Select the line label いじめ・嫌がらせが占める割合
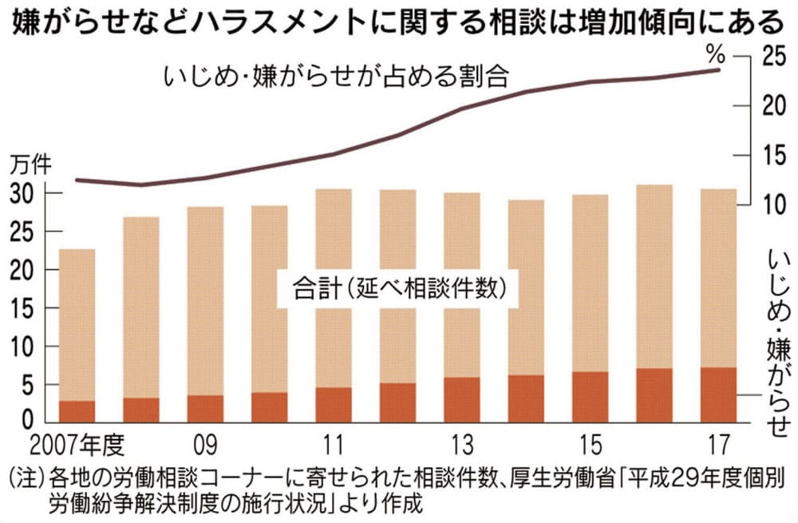pos(334,77)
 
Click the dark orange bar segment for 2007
pos(77,410)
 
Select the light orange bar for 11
pos(334,287)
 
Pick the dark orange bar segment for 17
pos(718,394)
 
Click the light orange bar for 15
pos(590,283)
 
